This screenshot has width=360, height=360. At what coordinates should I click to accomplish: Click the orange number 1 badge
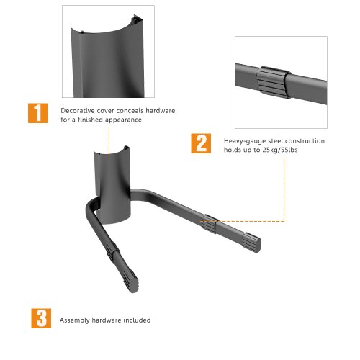click(x=38, y=113)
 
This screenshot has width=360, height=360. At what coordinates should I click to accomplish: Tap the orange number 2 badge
click(x=201, y=143)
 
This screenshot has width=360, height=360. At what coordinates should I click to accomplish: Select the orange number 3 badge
click(x=41, y=318)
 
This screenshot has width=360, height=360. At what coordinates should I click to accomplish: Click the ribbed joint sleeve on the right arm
click(x=210, y=224)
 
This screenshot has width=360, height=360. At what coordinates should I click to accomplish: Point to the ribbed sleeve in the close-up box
click(x=274, y=82)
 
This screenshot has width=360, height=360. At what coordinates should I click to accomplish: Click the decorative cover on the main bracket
click(x=113, y=185)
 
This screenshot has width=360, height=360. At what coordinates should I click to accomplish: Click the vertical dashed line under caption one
click(x=109, y=142)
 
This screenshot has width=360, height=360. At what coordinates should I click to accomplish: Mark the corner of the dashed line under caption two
click(x=284, y=221)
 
